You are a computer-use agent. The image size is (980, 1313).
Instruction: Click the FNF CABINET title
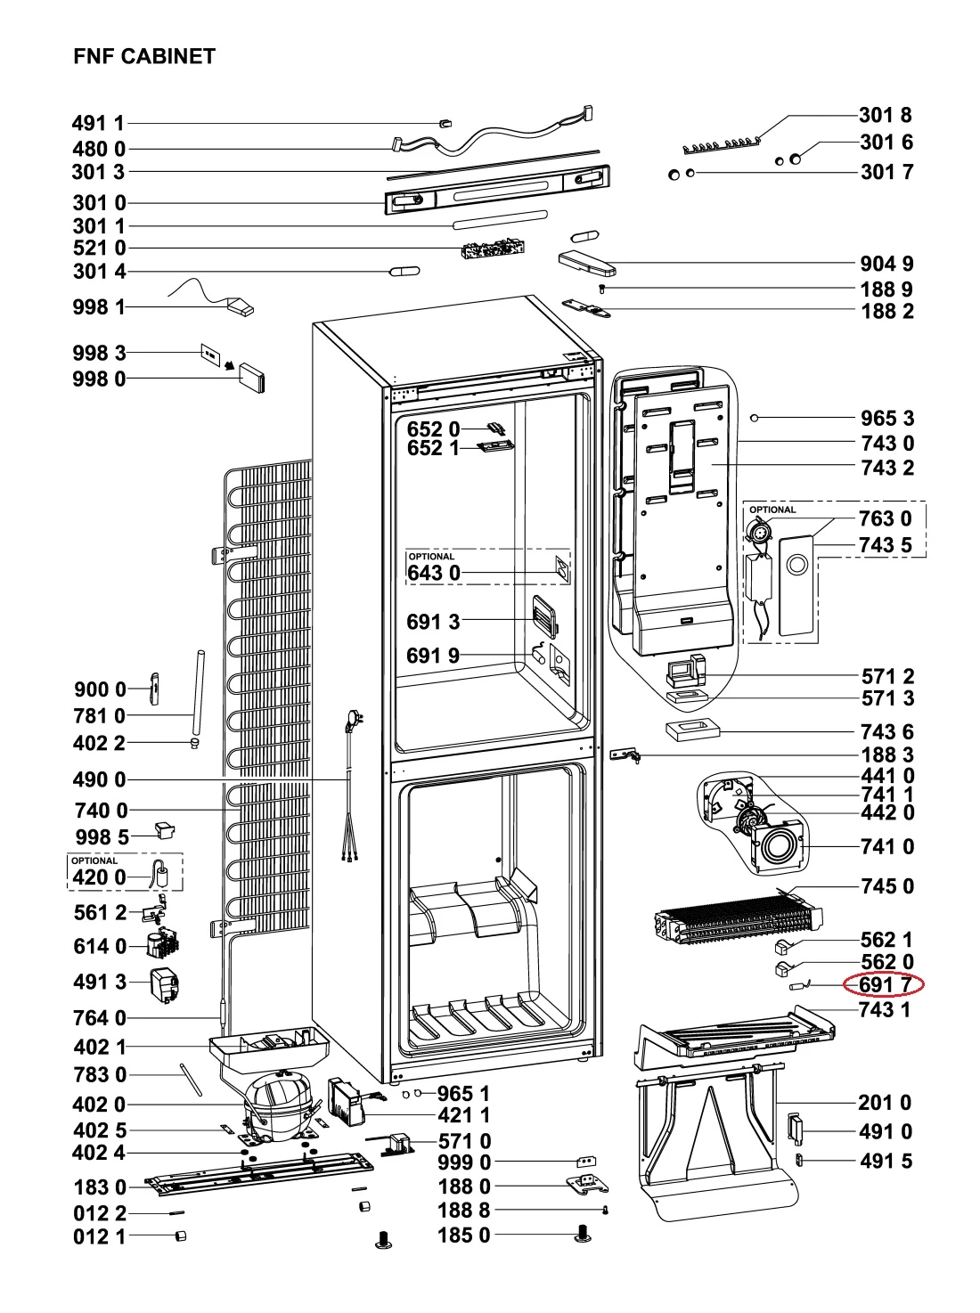tap(144, 56)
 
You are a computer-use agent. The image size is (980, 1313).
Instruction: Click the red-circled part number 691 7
tap(885, 984)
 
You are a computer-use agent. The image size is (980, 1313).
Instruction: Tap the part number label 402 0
tap(99, 1105)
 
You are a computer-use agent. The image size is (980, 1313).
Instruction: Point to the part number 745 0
tap(888, 886)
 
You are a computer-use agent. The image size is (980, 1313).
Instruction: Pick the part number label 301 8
tap(886, 114)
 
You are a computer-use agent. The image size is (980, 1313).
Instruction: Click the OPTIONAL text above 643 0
tap(431, 557)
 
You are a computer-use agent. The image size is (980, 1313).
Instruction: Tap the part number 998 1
tap(99, 306)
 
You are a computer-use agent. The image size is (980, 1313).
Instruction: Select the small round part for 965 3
tap(755, 418)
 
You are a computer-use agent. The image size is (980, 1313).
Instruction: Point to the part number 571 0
tap(465, 1141)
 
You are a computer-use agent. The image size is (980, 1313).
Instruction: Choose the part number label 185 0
tap(464, 1235)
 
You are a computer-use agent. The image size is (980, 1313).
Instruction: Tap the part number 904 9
tap(887, 263)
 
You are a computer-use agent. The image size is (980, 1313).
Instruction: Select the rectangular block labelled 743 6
tap(693, 731)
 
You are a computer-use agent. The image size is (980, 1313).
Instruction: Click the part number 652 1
tap(433, 448)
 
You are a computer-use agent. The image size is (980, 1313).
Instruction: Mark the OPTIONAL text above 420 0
tap(94, 860)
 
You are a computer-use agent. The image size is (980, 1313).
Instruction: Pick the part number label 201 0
tap(885, 1103)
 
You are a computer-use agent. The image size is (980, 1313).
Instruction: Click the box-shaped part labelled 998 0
tap(252, 377)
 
